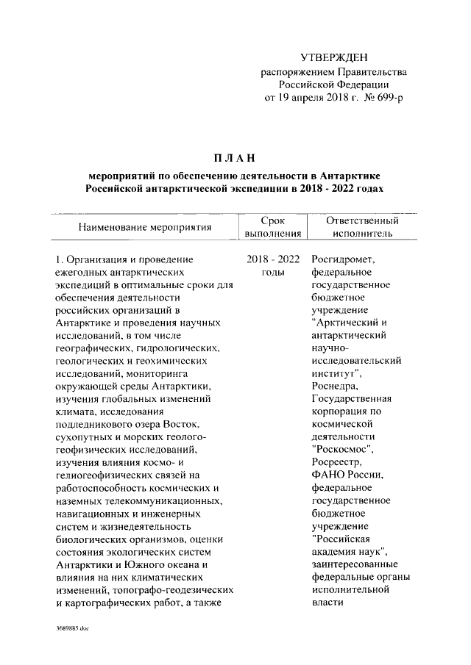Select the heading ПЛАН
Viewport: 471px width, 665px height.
coord(235,157)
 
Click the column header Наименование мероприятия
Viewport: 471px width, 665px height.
coord(146,227)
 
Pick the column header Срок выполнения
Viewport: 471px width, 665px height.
coord(274,227)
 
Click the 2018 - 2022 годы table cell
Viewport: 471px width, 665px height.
coord(274,266)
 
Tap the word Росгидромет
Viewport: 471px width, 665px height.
coord(344,259)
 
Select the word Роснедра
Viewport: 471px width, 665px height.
coord(336,386)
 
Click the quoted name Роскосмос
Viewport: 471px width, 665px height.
coord(344,448)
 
